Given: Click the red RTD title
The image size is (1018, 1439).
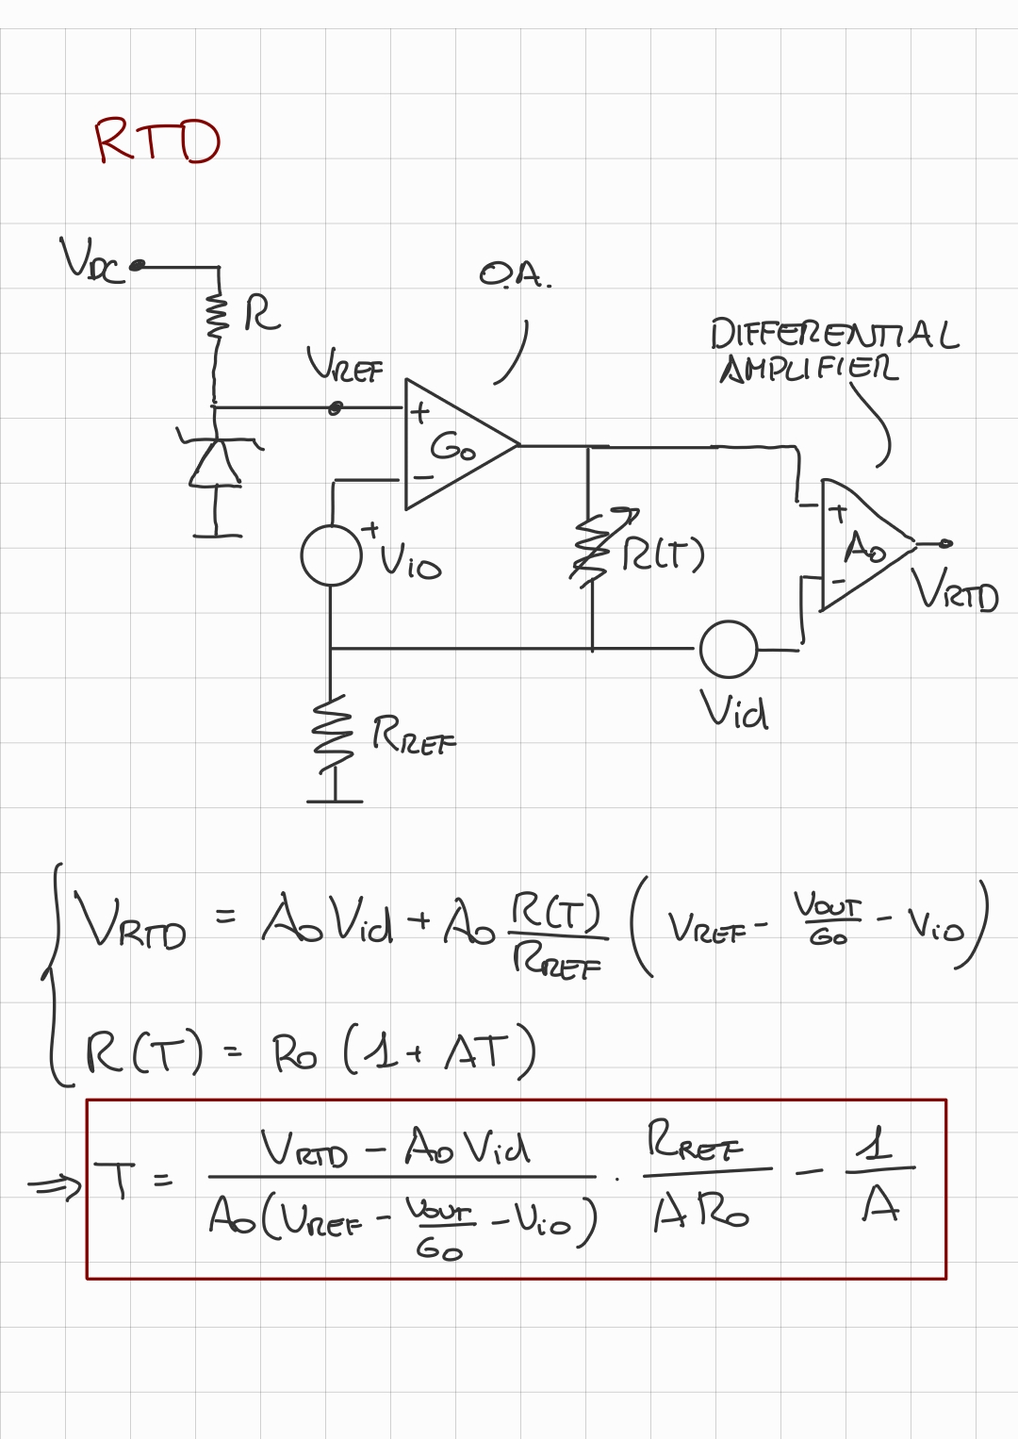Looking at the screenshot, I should point(156,141).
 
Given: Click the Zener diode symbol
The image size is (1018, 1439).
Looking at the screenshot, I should point(217,460).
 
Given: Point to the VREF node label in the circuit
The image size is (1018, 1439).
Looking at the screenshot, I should point(345,365).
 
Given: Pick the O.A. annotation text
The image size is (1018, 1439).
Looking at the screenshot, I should point(515,275).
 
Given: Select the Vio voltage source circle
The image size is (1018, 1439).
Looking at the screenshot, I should point(331,556).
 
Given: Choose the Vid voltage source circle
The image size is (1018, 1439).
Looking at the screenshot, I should point(728,650).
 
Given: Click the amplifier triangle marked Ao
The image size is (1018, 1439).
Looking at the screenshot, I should point(862,545).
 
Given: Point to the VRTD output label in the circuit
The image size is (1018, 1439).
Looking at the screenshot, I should point(954,590).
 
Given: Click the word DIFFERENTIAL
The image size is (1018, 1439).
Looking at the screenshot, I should point(833,335).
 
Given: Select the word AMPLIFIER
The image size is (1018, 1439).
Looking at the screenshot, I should point(809,369).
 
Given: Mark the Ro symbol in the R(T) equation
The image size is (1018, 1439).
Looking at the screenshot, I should point(294,1053).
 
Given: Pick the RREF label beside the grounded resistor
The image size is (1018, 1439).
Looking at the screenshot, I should point(413,735).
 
